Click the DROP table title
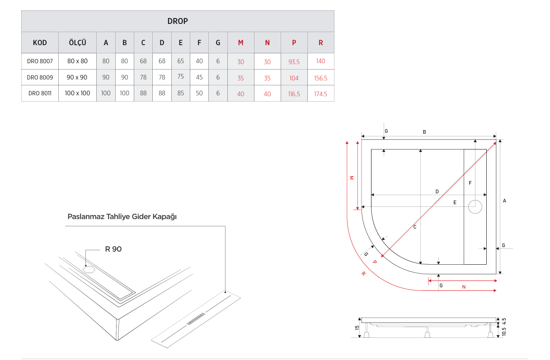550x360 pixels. click(x=178, y=21)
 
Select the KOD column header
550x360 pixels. click(x=40, y=43)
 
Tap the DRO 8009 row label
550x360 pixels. click(x=40, y=77)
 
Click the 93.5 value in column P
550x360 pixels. click(x=294, y=61)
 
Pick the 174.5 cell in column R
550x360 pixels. click(x=320, y=94)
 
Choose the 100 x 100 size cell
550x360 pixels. click(x=77, y=94)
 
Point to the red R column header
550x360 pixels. click(x=320, y=43)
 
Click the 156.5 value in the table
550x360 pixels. click(x=320, y=78)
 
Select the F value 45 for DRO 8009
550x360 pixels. click(x=199, y=77)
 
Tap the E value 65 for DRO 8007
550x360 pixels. click(x=180, y=61)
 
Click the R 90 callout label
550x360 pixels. click(x=113, y=249)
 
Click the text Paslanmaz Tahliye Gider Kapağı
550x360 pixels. click(x=122, y=217)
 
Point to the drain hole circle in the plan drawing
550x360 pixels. click(x=475, y=206)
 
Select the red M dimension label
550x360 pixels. click(x=351, y=178)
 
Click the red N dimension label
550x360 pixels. click(x=464, y=287)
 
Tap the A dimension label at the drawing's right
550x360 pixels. click(x=504, y=200)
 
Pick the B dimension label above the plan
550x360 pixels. click(x=424, y=132)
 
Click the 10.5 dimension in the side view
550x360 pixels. click(x=504, y=331)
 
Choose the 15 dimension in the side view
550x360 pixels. click(x=357, y=328)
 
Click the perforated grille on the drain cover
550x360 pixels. click(x=195, y=318)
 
